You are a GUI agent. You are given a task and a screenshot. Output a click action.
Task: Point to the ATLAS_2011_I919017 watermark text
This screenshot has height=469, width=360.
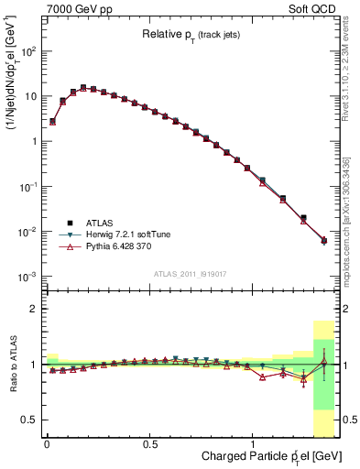[191, 275]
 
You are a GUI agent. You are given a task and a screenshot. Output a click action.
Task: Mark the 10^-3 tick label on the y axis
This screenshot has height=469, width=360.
[26, 277]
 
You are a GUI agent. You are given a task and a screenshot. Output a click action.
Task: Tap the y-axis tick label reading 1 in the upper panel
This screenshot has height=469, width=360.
[32, 141]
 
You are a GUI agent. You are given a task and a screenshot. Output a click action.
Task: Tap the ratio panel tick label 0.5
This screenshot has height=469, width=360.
[30, 420]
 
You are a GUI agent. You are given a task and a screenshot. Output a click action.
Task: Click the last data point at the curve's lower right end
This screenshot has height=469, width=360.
[323, 241]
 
